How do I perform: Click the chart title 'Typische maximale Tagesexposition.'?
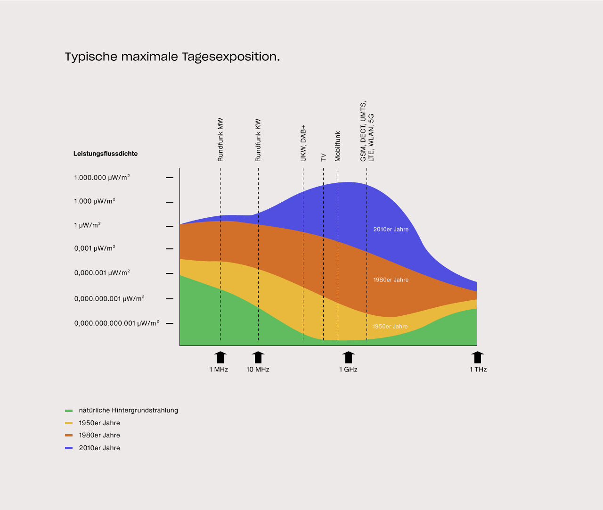point(172,57)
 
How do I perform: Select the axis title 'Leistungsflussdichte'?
point(106,154)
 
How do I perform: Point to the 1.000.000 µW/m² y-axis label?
point(102,178)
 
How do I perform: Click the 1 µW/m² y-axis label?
point(87,225)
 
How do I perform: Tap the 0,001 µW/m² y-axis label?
point(95,248)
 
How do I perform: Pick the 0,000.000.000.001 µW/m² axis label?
point(116,323)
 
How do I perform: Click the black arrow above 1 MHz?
point(220,357)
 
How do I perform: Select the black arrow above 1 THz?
point(478,357)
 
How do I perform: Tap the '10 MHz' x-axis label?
point(258,370)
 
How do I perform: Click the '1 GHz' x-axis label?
point(348,370)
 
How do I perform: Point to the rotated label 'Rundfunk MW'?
point(220,140)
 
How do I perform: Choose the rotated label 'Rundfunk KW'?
point(258,140)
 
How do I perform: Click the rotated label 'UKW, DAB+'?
point(303,143)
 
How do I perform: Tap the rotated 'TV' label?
point(323,157)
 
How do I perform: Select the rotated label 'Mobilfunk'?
point(337,146)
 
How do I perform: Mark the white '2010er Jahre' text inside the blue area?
point(391,230)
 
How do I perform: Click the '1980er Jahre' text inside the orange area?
point(391,280)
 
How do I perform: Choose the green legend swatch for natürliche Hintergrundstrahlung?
point(69,411)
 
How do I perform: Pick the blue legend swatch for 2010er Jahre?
point(69,448)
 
